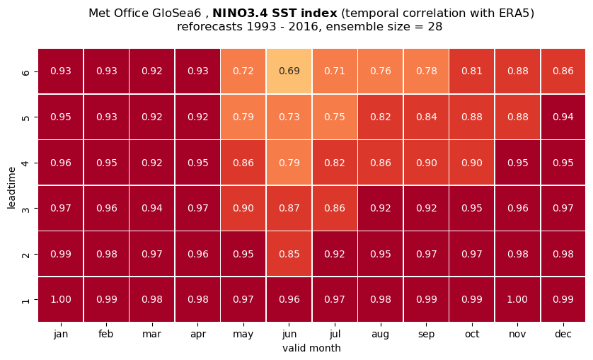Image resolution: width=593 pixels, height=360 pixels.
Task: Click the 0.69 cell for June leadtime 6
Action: (x=289, y=71)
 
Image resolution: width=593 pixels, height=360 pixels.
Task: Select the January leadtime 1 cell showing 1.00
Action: (x=61, y=299)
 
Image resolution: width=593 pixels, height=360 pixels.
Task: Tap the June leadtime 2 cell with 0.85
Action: (x=289, y=254)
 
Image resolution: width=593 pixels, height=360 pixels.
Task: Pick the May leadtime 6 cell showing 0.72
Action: (x=243, y=71)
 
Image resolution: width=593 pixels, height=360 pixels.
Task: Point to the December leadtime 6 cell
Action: (x=563, y=71)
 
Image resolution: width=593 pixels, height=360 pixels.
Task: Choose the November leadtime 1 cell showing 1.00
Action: (x=517, y=299)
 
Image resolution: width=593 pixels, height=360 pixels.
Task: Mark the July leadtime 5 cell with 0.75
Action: (x=335, y=117)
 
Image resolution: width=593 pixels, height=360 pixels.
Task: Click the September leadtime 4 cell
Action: (x=426, y=163)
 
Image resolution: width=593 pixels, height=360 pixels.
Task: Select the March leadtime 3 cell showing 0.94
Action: (x=152, y=208)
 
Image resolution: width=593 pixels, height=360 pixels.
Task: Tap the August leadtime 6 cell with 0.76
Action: (x=381, y=71)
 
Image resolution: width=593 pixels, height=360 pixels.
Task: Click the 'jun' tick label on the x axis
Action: (x=289, y=335)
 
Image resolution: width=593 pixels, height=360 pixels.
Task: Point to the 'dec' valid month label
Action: (x=563, y=334)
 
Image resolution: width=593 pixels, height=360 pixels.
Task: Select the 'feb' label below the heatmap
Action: (x=106, y=334)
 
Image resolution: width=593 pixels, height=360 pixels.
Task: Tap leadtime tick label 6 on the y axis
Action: (x=25, y=71)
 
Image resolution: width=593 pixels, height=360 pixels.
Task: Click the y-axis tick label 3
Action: (x=25, y=209)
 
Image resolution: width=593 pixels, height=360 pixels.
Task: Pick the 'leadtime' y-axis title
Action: (x=11, y=187)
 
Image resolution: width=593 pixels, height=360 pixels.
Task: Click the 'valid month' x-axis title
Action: (x=311, y=348)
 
